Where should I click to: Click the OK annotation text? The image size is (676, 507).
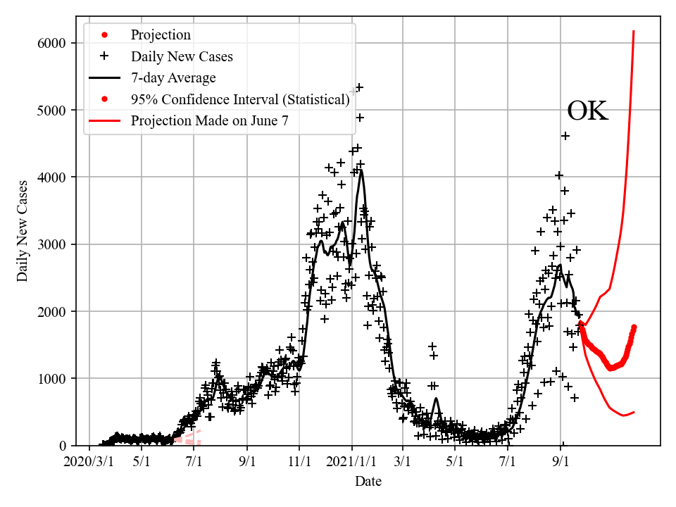click(x=587, y=111)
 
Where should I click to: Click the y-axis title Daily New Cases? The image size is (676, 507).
click(x=23, y=231)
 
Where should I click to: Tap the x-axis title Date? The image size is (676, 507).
click(x=368, y=482)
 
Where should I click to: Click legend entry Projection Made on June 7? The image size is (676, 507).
click(x=209, y=121)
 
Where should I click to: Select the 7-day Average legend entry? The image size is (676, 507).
click(x=173, y=77)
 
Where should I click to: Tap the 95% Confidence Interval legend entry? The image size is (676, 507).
click(x=240, y=99)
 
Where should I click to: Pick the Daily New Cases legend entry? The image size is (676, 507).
click(x=182, y=56)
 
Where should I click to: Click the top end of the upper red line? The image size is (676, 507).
click(x=634, y=31)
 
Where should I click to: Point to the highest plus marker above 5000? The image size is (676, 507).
click(x=359, y=87)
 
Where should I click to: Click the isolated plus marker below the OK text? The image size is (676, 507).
click(x=565, y=136)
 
